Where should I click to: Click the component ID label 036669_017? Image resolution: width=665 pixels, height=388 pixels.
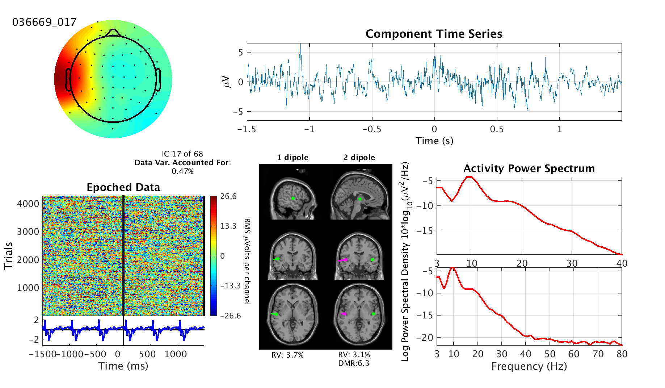45,22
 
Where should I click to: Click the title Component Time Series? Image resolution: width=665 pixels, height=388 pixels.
434,34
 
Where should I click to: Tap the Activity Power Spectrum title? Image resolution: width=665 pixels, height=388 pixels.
529,168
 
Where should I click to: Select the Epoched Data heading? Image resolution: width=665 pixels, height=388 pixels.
123,187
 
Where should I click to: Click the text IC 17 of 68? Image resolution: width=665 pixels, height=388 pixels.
182,154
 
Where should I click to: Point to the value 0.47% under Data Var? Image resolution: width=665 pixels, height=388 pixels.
182,171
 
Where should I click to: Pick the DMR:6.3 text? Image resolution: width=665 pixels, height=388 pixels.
354,363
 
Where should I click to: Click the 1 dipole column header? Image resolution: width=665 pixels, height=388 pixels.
292,158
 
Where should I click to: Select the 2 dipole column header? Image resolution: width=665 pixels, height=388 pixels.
359,158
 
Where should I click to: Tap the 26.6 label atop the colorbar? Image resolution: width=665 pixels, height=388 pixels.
228,196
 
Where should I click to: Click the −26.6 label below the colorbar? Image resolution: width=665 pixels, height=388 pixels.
230,316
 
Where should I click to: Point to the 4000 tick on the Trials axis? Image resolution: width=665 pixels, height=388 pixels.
28,204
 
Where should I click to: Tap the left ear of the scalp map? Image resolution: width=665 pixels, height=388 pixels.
68,79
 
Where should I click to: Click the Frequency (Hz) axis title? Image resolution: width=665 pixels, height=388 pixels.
529,366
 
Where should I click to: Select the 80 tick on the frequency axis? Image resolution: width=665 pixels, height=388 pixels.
622,354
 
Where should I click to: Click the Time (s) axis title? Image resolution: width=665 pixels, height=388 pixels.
434,141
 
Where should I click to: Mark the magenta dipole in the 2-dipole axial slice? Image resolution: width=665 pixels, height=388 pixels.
344,314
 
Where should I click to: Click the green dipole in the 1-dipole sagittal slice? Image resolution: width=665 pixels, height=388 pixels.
293,199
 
